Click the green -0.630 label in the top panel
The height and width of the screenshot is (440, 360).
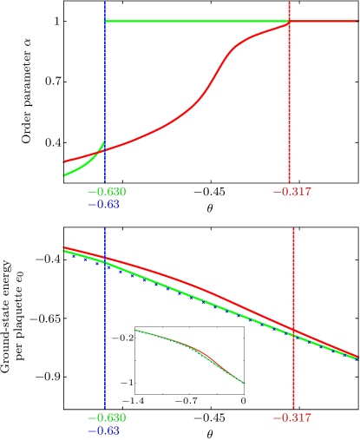click(x=107, y=192)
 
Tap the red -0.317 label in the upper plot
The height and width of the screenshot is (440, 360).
click(x=292, y=192)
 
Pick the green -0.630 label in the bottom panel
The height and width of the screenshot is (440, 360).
click(x=107, y=417)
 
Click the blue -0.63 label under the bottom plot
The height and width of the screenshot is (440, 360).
click(x=103, y=430)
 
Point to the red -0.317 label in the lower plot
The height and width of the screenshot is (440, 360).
click(x=292, y=417)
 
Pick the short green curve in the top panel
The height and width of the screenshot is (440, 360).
click(x=82, y=166)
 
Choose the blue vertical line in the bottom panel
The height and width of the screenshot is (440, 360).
click(x=105, y=347)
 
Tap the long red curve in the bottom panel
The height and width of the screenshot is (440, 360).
click(x=200, y=286)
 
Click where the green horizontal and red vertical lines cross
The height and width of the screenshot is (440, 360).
click(x=289, y=21)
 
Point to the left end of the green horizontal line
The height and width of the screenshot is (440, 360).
click(x=106, y=21)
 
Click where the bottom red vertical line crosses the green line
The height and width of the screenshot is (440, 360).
click(x=293, y=334)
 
